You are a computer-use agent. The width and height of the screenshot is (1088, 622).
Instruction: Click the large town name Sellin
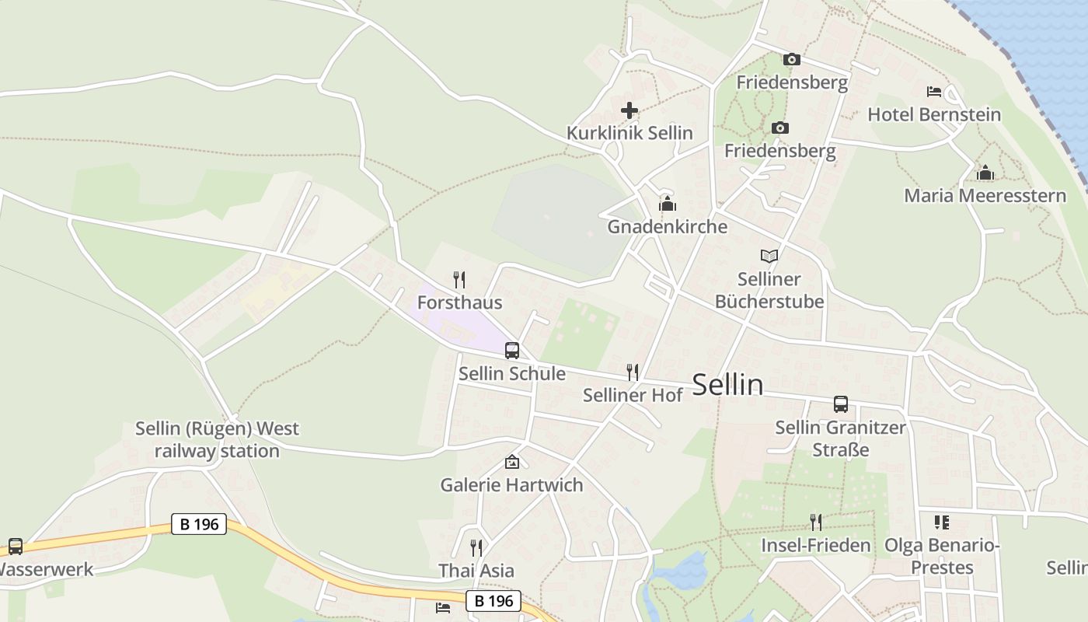click(727, 385)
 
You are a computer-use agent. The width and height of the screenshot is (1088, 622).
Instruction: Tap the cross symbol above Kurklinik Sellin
click(629, 110)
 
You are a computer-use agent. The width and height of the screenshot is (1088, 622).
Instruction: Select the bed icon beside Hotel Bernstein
click(934, 92)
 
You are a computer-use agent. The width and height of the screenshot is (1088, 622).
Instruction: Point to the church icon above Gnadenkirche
click(667, 204)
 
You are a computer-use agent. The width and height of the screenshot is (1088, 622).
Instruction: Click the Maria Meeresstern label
click(985, 195)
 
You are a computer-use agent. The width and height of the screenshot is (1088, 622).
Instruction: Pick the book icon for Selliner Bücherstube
click(769, 256)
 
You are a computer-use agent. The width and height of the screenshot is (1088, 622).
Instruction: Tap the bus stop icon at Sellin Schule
click(511, 351)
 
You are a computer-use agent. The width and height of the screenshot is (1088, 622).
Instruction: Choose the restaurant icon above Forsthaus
click(459, 279)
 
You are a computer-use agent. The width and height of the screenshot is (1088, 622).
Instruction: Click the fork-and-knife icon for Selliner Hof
click(633, 372)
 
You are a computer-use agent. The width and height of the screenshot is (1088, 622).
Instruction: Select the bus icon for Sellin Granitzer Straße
click(840, 404)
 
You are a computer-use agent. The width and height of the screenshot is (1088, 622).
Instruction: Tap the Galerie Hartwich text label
click(511, 485)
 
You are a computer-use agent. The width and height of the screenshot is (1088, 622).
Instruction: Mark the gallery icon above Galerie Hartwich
click(511, 462)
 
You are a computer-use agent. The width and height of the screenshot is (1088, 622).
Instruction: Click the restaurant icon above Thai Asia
click(476, 547)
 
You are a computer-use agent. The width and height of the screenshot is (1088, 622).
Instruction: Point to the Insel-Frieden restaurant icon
click(815, 522)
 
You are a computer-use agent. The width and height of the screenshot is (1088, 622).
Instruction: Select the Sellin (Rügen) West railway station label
click(217, 439)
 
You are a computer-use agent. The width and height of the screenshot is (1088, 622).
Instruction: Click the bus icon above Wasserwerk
click(16, 547)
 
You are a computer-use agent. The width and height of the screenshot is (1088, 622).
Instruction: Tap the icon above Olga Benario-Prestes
click(941, 522)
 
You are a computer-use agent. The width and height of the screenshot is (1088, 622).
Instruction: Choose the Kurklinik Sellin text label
click(629, 133)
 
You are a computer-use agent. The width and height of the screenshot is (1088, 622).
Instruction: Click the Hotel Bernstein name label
click(934, 114)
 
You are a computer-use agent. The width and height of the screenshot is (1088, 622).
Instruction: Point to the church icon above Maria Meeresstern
click(985, 173)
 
